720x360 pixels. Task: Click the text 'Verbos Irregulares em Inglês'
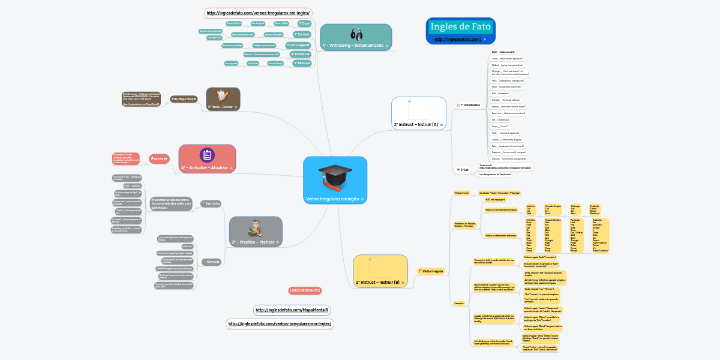coord(332,199)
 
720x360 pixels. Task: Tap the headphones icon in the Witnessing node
coord(356,34)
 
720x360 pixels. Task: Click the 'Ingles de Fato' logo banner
coord(460,27)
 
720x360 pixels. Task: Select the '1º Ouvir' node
coord(304,23)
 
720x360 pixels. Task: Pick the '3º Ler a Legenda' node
coord(298,45)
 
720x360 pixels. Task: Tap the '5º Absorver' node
coord(301,62)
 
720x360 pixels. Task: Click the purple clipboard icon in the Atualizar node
coord(207,155)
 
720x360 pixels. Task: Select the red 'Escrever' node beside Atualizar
coord(159,159)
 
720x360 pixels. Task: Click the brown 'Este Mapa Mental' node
coord(184,98)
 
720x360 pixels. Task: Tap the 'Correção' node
coord(212,262)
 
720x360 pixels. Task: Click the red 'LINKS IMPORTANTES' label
coord(305,290)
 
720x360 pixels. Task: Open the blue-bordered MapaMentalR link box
coord(292,310)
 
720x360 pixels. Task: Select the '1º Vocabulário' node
coord(470,105)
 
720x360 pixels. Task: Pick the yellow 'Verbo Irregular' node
coord(431,271)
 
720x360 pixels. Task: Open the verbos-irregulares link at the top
coord(258,13)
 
